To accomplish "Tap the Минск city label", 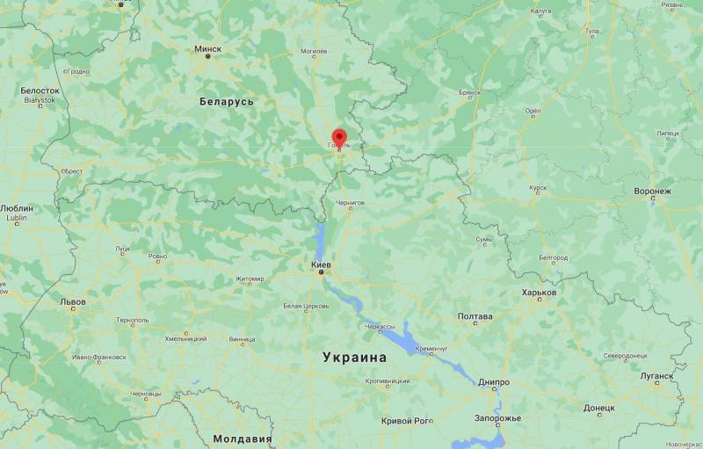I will [208, 48].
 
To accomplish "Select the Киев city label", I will [321, 264].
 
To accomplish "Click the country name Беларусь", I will [227, 102].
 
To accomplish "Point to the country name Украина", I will [354, 358].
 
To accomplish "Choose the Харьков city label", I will [539, 293].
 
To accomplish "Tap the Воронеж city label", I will [652, 191].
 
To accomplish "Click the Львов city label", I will [73, 301].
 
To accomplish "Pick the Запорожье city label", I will [497, 417].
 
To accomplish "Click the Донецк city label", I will [598, 408].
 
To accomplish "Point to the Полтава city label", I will [475, 316].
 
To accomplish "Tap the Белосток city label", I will [40, 91].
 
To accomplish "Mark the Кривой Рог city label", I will [407, 421].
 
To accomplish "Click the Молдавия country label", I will [243, 438].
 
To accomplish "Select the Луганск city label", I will [656, 375].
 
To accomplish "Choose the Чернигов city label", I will [350, 202].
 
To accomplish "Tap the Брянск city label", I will [470, 91].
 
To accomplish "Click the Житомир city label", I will [249, 279].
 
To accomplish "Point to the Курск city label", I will [538, 187].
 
